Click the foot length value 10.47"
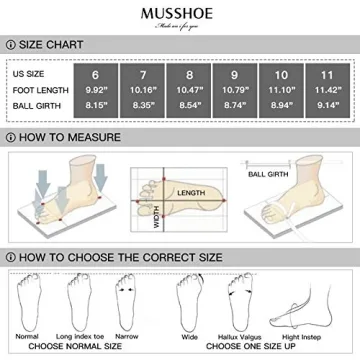coord(208,90)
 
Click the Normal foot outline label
coord(28,336)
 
